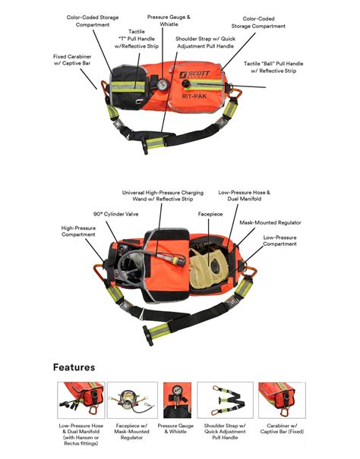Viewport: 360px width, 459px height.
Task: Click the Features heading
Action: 74,367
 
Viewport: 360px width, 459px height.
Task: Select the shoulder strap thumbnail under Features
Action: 226,399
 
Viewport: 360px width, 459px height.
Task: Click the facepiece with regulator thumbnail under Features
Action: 127,399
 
